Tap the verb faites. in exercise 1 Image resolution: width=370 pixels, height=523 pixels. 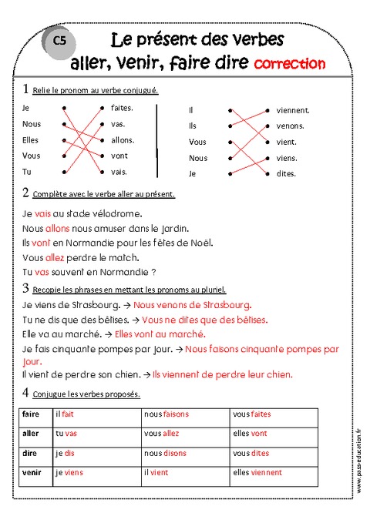(122, 109)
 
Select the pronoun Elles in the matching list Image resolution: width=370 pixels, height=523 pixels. (31, 140)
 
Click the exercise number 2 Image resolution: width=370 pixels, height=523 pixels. (26, 193)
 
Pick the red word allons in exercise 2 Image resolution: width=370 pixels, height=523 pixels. (58, 229)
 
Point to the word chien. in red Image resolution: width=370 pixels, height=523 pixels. (277, 375)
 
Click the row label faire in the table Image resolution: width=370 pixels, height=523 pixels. (32, 414)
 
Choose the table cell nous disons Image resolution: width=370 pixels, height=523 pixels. (166, 453)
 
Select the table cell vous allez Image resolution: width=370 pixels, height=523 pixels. (161, 434)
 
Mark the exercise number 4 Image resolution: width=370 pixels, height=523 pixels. (26, 393)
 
